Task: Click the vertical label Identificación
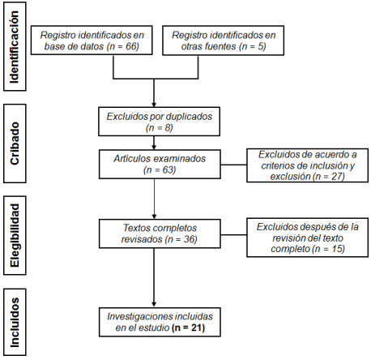coord(15,46)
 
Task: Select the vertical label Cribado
coord(15,144)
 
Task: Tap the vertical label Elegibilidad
coord(15,235)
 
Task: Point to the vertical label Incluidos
coord(15,322)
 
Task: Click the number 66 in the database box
coord(131,46)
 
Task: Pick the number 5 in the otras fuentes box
coord(261,46)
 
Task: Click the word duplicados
coord(189,117)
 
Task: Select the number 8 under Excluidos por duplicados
coord(168,128)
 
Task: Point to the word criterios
coord(277,165)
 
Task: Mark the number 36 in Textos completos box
coord(189,239)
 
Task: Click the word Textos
coord(136,228)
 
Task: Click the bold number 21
coord(197,328)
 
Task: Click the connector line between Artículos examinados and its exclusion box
coord(233,165)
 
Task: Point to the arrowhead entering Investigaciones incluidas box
coord(154,305)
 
